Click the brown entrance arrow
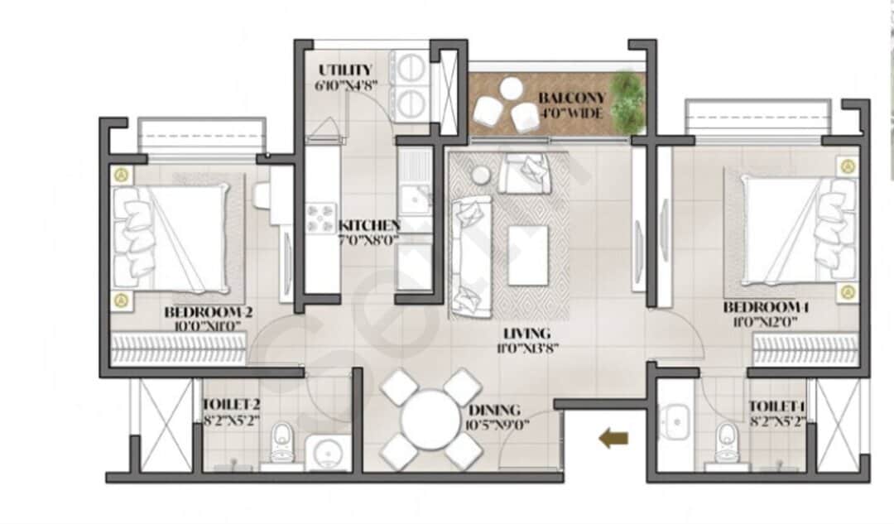pos(613,439)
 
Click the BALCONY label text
pos(571,98)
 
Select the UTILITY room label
pos(344,70)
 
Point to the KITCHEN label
pos(368,225)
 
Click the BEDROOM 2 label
pos(209,312)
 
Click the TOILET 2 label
pos(232,405)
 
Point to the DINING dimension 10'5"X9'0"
pos(494,425)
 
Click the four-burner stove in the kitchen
pos(321,218)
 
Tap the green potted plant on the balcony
pos(627,101)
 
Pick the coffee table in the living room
pos(528,255)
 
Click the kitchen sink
pos(414,199)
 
